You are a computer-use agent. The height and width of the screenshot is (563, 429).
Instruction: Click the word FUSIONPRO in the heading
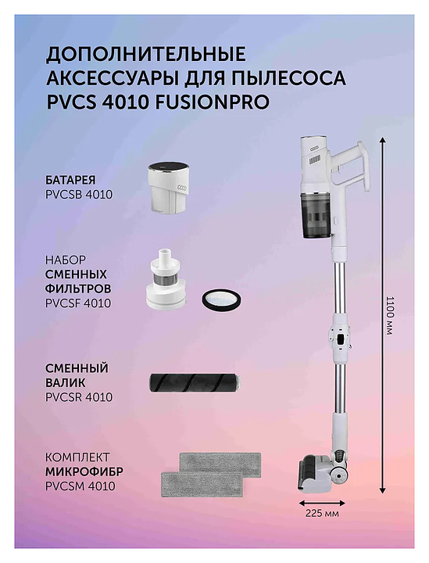[212, 102]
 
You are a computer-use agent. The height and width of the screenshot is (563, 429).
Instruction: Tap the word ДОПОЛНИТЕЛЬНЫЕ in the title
[146, 54]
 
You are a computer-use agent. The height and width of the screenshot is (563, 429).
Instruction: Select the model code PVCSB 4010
[79, 194]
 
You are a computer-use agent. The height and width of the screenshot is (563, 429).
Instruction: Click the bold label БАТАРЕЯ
[71, 180]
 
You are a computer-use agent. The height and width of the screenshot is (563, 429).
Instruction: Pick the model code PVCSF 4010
[78, 303]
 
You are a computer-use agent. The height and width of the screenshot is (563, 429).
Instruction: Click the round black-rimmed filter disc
[220, 298]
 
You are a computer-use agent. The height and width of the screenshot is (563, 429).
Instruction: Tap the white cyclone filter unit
[166, 279]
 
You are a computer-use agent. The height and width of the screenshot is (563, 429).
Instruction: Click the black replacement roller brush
[195, 382]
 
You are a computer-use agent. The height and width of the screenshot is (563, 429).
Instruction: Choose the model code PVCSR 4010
[79, 397]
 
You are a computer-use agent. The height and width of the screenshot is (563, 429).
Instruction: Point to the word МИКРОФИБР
[84, 472]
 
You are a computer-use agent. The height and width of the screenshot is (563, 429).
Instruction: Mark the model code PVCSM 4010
[80, 486]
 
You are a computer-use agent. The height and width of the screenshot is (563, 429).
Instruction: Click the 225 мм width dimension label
[322, 513]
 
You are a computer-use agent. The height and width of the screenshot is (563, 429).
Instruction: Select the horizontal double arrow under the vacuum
[322, 503]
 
